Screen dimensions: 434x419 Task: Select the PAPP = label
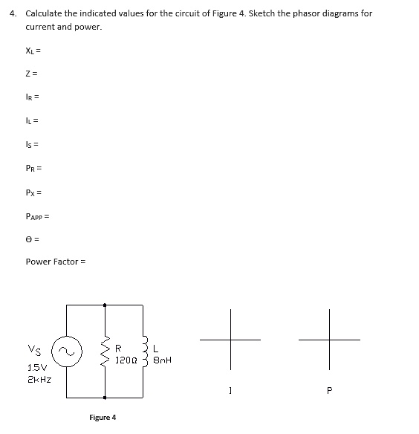(x=37, y=216)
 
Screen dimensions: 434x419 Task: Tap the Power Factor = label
(x=56, y=262)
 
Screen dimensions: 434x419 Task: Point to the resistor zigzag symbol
(x=104, y=350)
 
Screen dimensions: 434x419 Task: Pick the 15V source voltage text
(x=36, y=367)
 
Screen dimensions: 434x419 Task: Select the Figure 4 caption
(x=103, y=418)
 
